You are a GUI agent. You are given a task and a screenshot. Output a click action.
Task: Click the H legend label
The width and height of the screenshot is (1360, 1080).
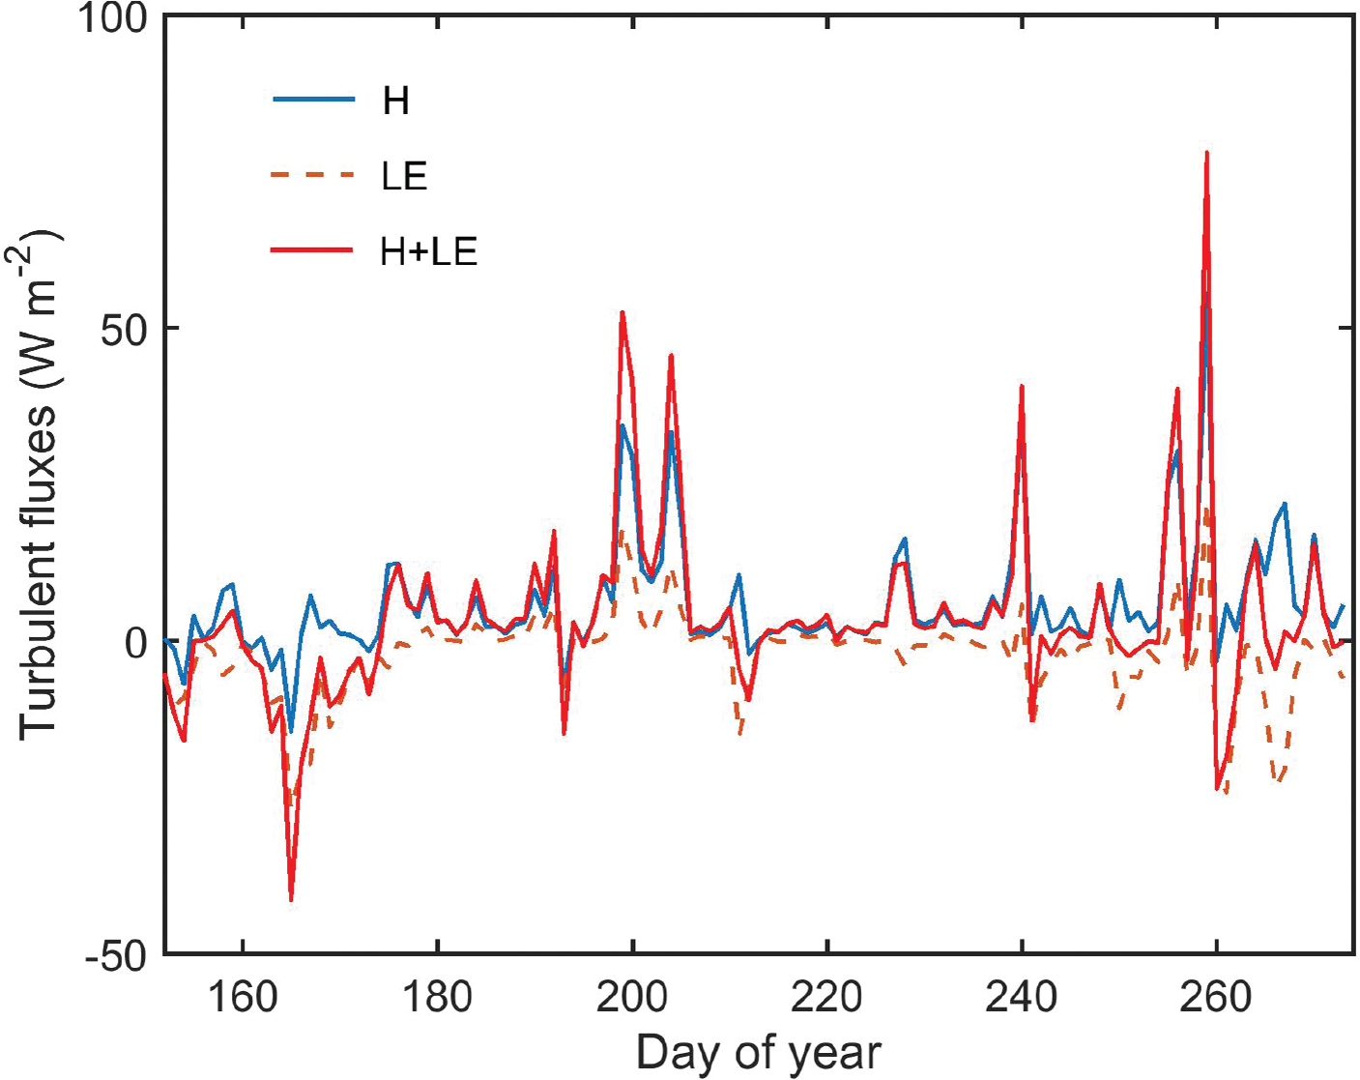[396, 101]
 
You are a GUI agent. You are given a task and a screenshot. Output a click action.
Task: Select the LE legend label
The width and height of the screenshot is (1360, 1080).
[404, 176]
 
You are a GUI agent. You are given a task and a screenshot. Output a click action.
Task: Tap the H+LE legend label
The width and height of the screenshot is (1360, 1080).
[428, 251]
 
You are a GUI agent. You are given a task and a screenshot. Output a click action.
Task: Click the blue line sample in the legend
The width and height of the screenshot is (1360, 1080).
[313, 100]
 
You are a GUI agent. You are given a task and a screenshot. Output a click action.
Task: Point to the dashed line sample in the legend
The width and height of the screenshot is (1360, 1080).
[313, 175]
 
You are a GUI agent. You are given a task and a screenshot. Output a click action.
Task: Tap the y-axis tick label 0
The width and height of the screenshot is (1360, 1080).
[136, 642]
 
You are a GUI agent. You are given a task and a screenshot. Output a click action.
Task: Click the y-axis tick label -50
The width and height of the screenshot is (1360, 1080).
[116, 956]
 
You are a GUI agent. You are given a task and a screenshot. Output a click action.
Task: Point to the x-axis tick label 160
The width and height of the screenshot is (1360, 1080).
[242, 996]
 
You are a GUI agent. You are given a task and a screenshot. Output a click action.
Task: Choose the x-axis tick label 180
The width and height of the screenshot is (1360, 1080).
[437, 996]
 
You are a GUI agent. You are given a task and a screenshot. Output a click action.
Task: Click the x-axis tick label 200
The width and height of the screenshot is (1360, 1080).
[632, 996]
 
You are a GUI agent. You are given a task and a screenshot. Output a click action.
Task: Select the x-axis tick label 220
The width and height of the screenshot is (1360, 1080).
[826, 996]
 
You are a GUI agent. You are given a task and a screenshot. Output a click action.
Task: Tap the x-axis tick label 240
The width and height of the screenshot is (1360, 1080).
[1021, 996]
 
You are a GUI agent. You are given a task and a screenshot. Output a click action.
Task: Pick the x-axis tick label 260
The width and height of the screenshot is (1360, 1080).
[1216, 996]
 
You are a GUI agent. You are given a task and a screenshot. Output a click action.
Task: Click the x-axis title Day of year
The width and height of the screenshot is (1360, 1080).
[758, 1051]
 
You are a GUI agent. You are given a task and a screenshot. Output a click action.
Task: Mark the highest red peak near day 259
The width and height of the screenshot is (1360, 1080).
[1206, 153]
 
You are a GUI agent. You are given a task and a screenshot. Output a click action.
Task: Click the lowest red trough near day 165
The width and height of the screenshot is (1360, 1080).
[291, 899]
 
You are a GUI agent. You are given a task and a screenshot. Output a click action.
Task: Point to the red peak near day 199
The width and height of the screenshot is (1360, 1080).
[622, 312]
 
